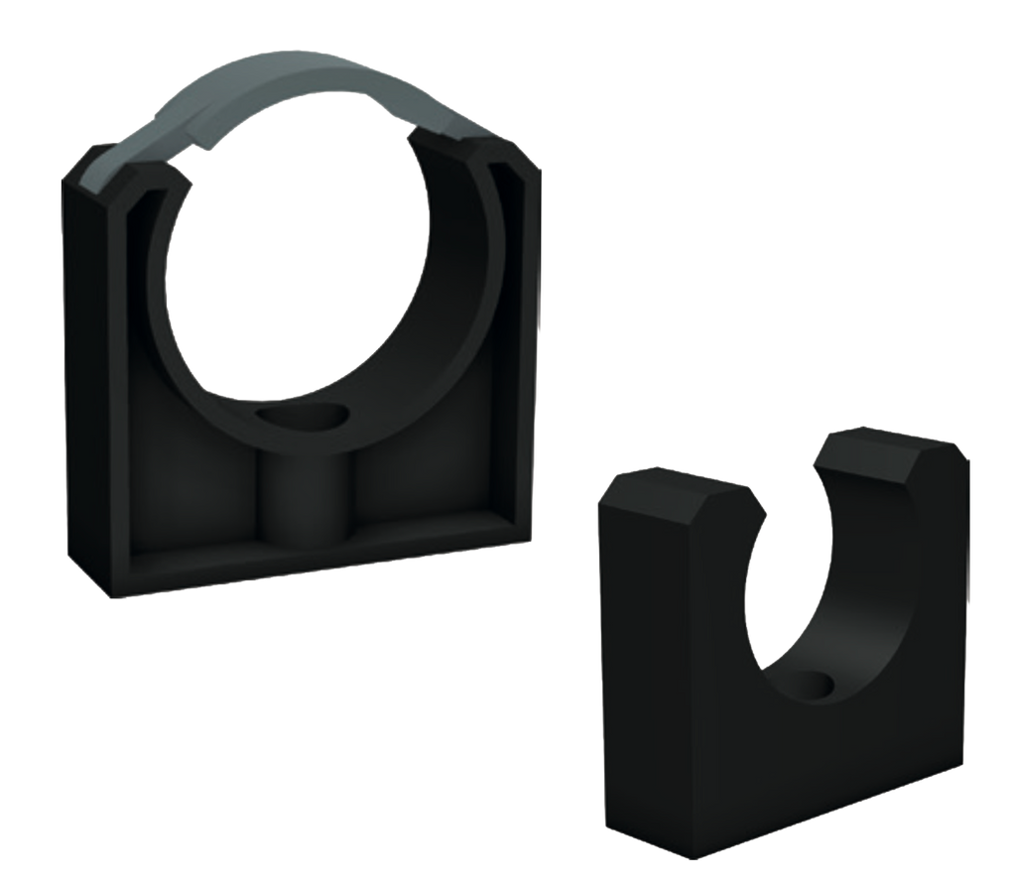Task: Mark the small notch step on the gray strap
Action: pos(202,147)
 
